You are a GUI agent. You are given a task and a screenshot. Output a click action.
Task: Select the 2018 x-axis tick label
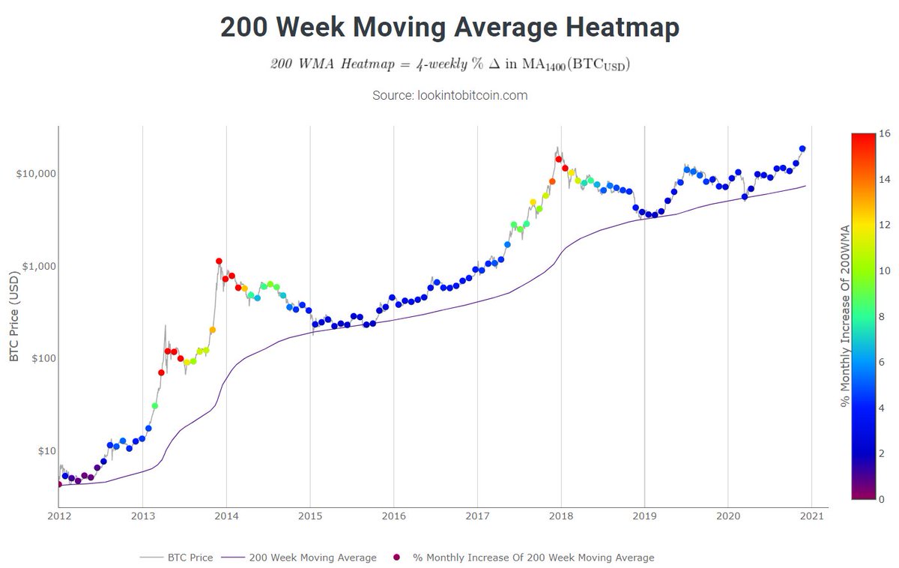[x=561, y=516]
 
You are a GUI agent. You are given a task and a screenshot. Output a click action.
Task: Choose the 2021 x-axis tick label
[x=812, y=516]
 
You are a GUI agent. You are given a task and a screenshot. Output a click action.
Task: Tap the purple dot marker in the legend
[x=397, y=558]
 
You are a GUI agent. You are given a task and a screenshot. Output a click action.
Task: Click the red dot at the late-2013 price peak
[x=219, y=262]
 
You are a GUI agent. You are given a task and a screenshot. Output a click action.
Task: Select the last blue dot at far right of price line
[x=802, y=149]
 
